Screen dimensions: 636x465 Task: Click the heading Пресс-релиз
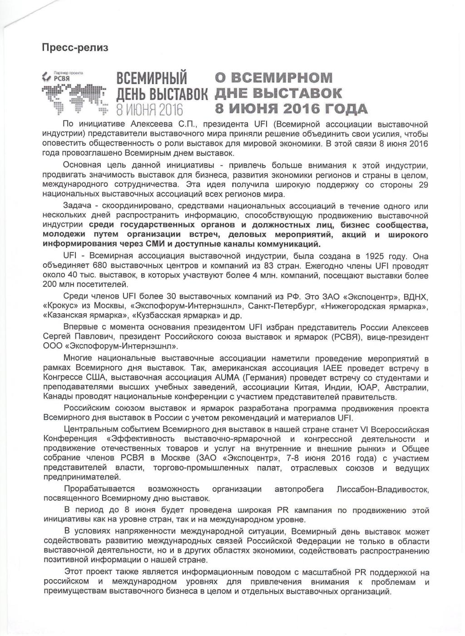75,47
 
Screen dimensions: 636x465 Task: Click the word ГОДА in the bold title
343,109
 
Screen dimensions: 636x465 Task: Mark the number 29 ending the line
423,185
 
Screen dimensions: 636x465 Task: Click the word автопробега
299,489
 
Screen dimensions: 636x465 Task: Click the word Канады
57,396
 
